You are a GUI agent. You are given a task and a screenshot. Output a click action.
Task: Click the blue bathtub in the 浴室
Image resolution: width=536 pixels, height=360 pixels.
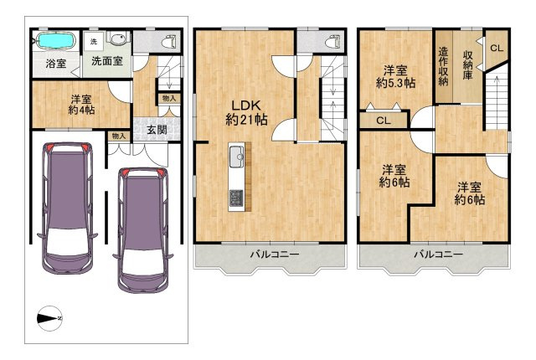point(55,41)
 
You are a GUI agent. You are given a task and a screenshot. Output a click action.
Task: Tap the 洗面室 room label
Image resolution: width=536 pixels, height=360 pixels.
point(107,61)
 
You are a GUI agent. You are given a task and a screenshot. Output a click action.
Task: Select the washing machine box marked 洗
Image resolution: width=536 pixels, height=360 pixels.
point(94,42)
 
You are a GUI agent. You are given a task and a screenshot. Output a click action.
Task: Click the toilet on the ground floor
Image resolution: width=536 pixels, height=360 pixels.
point(171,41)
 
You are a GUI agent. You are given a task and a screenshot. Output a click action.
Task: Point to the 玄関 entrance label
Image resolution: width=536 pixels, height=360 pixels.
point(157,130)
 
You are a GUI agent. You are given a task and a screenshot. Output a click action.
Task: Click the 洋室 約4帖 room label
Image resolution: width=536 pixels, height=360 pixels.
point(81,105)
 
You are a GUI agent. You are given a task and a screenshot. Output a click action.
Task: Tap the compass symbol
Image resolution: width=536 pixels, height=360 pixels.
point(49,318)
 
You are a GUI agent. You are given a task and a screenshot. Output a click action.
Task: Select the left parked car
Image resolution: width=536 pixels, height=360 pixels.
point(68,208)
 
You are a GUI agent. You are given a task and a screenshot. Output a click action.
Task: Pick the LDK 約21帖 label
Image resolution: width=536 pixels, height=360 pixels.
point(246,113)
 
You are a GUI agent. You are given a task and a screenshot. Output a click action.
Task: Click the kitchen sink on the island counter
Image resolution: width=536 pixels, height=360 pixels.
point(236,157)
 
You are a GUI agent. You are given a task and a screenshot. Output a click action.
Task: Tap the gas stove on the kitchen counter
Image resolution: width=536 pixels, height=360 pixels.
point(236,198)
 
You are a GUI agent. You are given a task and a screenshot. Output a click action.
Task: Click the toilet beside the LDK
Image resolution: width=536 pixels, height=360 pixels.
point(333,41)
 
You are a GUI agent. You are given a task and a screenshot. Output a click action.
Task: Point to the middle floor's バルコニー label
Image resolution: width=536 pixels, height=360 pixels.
point(275,255)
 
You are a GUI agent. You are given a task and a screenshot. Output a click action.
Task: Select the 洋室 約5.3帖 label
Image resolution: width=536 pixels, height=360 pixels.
point(395,77)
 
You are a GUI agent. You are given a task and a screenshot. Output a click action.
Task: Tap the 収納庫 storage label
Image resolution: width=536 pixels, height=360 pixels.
point(468,65)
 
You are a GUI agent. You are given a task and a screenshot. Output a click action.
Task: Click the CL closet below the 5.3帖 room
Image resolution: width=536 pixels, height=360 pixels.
point(384,121)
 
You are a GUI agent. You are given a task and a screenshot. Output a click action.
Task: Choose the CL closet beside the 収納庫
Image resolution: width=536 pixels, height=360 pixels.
point(497,49)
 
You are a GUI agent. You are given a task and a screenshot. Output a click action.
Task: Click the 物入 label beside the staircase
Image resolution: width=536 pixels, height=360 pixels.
point(169,98)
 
